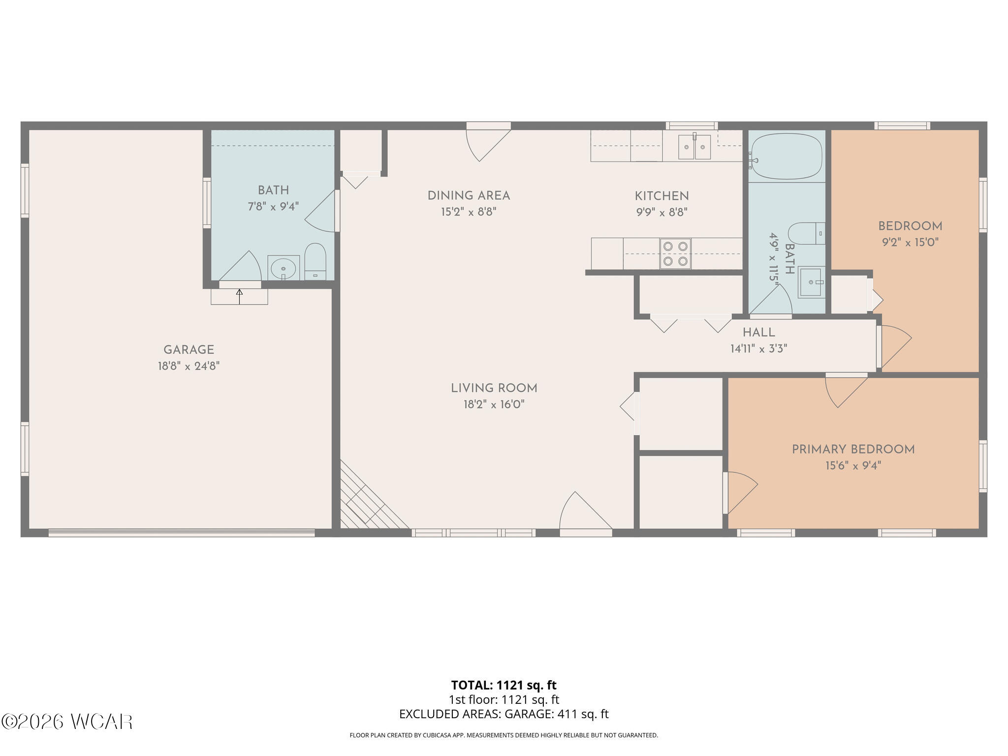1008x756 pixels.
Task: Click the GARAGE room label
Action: [x=189, y=350]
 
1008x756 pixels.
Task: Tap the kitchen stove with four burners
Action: [x=675, y=253]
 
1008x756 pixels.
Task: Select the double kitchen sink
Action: [x=694, y=147]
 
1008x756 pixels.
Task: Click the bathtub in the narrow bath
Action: [x=786, y=156]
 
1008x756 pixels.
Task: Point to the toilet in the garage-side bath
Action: [x=315, y=261]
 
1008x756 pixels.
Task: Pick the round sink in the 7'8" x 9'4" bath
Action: [x=283, y=268]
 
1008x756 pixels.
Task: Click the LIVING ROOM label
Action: [x=494, y=388]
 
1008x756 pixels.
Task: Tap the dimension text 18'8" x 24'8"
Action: [x=189, y=366]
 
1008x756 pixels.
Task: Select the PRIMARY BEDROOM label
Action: [x=853, y=449]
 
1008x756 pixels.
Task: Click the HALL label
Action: [x=758, y=332]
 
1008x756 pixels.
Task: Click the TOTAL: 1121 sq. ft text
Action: [x=504, y=685]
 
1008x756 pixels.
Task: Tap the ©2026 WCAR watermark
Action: [x=67, y=722]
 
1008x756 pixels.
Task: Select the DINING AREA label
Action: [x=469, y=196]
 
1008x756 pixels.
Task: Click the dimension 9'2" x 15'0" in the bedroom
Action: [x=910, y=242]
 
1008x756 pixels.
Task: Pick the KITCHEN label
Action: [x=661, y=196]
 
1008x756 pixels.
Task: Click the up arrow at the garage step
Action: [x=240, y=297]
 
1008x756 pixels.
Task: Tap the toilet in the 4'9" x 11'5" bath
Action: [x=807, y=234]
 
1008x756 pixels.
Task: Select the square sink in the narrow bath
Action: [x=811, y=282]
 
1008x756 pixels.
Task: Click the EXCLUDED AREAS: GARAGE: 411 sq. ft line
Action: [x=504, y=714]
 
